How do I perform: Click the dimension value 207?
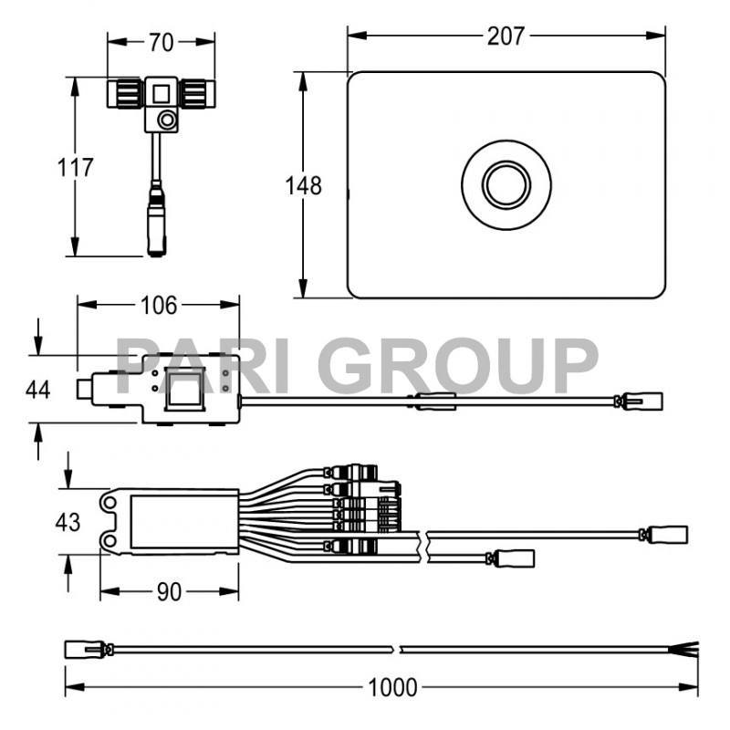point(505,36)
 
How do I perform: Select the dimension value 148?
point(303,186)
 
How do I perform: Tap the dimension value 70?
point(162,41)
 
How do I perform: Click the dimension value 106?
point(159,305)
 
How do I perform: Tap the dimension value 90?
point(168,592)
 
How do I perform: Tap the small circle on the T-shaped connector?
point(166,120)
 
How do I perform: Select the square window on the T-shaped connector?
point(161,92)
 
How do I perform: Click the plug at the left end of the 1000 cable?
point(80,650)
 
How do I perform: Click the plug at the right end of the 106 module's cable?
point(646,401)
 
